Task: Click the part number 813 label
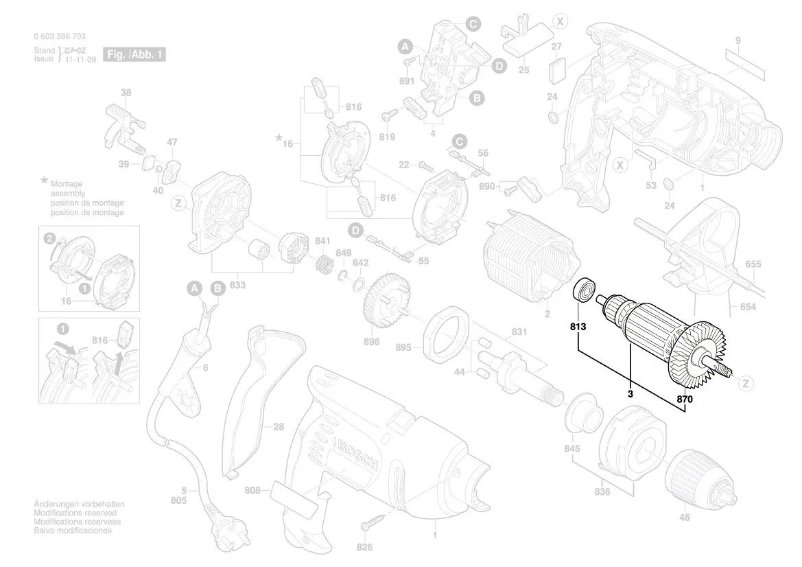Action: [578, 327]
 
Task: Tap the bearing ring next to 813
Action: [584, 290]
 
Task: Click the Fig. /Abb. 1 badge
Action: [134, 54]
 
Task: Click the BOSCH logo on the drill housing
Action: [355, 454]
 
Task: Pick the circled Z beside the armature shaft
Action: [746, 384]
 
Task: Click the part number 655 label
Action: [753, 264]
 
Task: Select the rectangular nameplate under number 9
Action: [744, 61]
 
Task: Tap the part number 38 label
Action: [126, 93]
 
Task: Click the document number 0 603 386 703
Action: [60, 36]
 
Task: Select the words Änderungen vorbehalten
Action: [79, 505]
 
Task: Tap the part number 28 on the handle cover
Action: [278, 427]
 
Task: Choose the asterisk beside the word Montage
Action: [45, 181]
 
